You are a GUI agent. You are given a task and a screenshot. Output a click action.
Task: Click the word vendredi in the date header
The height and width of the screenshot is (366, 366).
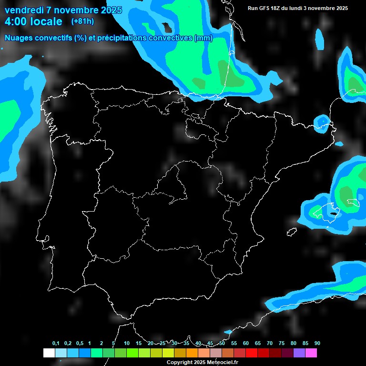24,10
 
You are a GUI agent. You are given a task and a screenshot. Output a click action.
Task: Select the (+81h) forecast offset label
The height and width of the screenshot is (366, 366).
82,21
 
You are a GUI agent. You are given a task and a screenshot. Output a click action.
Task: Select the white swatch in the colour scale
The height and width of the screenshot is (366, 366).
49,353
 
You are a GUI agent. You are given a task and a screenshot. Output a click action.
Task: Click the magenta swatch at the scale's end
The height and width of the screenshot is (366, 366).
311,353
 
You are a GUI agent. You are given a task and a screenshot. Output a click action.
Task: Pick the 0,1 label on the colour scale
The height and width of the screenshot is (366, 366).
56,344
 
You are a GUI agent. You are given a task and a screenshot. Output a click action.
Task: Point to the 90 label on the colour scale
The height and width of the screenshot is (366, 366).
317,344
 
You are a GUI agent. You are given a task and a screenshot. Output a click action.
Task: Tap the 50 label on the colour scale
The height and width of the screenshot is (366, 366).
222,344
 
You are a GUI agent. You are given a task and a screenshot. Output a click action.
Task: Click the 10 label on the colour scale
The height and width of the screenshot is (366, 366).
126,344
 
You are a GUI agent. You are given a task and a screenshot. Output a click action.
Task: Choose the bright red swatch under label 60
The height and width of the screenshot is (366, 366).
251,353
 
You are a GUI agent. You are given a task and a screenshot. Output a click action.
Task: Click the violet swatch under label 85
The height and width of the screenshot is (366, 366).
299,353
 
